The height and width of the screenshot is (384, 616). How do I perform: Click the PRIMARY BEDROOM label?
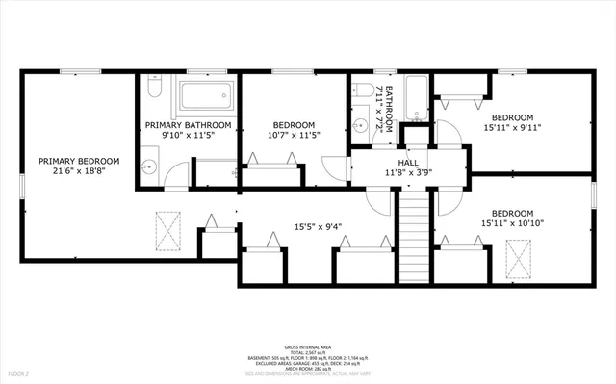click(x=79, y=161)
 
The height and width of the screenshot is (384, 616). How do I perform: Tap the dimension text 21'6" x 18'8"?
click(x=79, y=171)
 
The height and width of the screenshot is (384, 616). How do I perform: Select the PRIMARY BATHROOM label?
click(x=188, y=125)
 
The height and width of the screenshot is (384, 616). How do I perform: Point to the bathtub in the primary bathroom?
click(x=206, y=95)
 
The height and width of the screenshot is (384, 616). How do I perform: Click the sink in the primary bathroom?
click(x=148, y=166)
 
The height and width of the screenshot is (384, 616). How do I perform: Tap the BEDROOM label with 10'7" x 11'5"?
click(x=294, y=125)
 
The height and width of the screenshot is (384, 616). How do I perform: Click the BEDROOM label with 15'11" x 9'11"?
click(x=513, y=115)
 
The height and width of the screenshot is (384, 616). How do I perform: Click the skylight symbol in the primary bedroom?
click(x=167, y=228)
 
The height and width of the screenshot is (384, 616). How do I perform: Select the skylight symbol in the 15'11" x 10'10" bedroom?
click(x=519, y=257)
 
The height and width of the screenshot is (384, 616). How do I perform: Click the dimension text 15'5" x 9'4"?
click(x=318, y=228)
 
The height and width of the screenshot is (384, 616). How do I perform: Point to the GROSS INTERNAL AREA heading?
click(x=307, y=346)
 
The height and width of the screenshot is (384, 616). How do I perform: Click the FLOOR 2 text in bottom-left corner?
click(x=19, y=371)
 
